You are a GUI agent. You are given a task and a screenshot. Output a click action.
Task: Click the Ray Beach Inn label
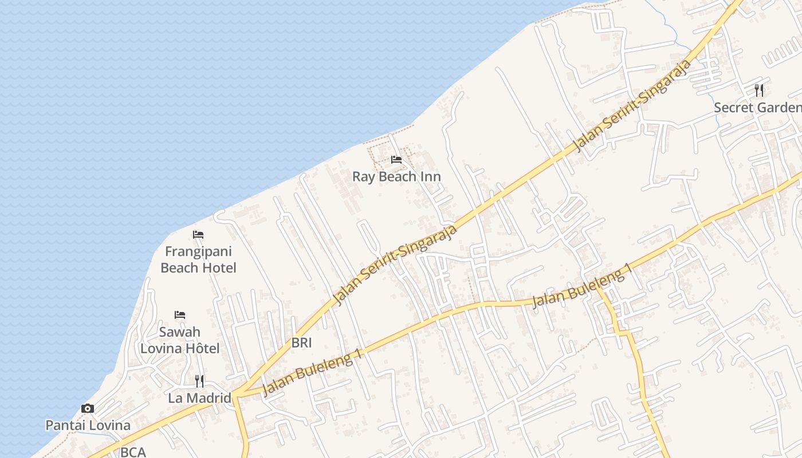tap(396, 176)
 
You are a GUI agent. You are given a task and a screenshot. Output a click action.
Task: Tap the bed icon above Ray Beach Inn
tap(396, 160)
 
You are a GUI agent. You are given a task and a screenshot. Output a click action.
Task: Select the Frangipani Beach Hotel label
tap(198, 259)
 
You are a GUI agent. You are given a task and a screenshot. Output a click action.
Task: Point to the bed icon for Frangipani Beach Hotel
tap(198, 235)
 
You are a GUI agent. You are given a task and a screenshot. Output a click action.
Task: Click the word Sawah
tap(180, 332)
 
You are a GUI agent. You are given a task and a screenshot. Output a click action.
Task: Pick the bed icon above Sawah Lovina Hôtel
tap(180, 315)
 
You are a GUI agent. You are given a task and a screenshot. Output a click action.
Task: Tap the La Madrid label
tap(199, 398)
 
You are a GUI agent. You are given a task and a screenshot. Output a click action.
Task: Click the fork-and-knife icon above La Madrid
tap(199, 381)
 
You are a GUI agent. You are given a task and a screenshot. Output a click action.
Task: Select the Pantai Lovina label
tap(88, 425)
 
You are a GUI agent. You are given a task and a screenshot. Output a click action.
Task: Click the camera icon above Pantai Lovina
tap(88, 408)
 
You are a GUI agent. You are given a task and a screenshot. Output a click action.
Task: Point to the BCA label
tap(133, 452)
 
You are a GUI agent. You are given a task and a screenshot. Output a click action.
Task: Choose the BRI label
tap(301, 343)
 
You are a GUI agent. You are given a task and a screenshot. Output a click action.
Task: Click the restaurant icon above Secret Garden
tap(759, 90)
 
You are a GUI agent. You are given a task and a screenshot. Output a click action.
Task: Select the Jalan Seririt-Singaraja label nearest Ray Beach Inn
tap(395, 264)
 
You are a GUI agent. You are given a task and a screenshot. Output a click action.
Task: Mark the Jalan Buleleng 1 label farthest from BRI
tap(582, 286)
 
